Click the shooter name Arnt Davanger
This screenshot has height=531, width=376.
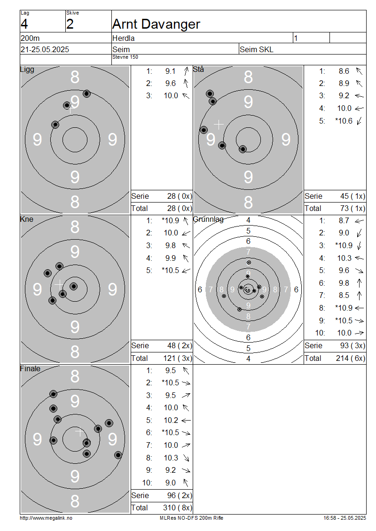[x=156, y=24]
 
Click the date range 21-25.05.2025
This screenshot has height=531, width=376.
[x=45, y=49]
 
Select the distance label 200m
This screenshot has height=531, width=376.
[x=30, y=38]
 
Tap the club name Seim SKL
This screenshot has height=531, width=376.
[x=257, y=49]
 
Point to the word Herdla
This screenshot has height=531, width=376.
[x=123, y=38]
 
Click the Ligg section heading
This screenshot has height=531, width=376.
[x=27, y=70]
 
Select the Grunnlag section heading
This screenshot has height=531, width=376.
[x=208, y=219]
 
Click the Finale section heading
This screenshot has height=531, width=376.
[x=30, y=368]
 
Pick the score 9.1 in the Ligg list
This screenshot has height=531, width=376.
[x=171, y=71]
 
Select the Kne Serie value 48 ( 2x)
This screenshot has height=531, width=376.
[x=180, y=346]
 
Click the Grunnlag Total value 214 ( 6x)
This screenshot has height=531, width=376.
[x=351, y=358]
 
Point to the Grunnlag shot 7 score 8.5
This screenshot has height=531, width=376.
[x=344, y=295]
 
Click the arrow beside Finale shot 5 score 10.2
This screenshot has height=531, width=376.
[x=186, y=421]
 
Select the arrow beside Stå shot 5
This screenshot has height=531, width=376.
[x=360, y=121]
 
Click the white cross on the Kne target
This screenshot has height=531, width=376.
[x=59, y=284]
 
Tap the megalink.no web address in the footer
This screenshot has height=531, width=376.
[x=46, y=518]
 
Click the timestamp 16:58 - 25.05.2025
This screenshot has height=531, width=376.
[x=345, y=518]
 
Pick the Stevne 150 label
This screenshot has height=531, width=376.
[x=125, y=57]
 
